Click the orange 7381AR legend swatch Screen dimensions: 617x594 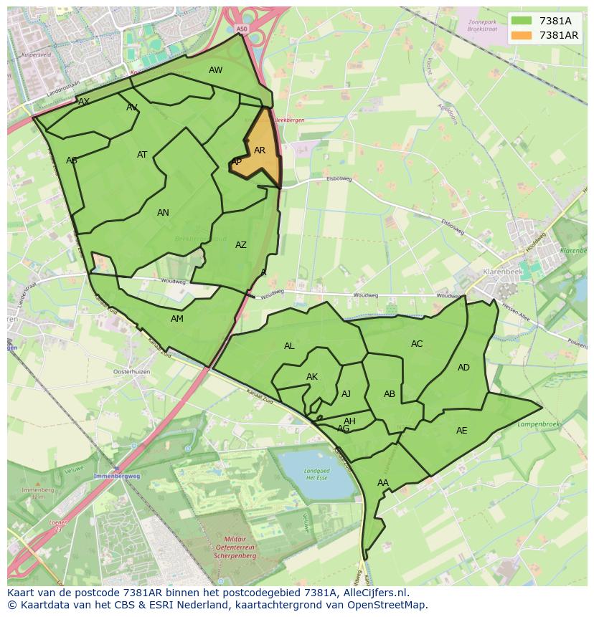coord(522,35)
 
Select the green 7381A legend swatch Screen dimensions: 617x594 coord(522,21)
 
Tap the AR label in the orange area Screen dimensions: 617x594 coord(260,150)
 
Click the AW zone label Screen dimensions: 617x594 coord(215,70)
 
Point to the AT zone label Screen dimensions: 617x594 coord(142,155)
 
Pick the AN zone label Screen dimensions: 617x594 coord(163,213)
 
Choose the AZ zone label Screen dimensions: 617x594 coord(241,245)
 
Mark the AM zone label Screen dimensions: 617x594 coord(177,319)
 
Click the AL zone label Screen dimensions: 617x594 coord(289,346)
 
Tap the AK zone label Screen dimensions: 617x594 coord(312,377)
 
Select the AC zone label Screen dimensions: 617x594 coord(417,344)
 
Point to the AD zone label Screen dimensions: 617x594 coord(463,368)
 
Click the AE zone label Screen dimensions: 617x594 coord(461,431)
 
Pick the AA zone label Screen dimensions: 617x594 coord(382,483)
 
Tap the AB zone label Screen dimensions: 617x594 coord(390,394)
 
